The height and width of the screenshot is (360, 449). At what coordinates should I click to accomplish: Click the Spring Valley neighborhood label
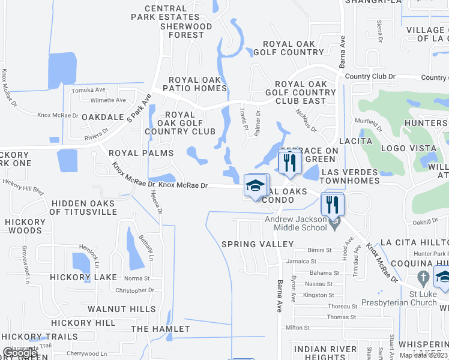(258, 244)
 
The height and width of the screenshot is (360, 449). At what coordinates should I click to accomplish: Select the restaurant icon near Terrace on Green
(290, 163)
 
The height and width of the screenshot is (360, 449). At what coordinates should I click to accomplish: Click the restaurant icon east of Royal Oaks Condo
(332, 205)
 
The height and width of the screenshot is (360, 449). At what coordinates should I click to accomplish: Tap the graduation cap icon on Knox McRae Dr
(256, 185)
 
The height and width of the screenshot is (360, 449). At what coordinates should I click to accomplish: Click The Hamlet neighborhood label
(160, 329)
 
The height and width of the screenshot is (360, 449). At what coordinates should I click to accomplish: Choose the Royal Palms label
(141, 153)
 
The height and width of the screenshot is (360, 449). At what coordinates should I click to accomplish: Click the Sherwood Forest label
(186, 31)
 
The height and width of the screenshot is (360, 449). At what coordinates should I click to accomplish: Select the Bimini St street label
(318, 250)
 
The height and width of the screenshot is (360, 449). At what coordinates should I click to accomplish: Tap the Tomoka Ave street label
(88, 90)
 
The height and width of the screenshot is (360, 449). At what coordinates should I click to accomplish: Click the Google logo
(19, 353)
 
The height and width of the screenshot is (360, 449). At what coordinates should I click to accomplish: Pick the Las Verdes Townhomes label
(351, 176)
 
